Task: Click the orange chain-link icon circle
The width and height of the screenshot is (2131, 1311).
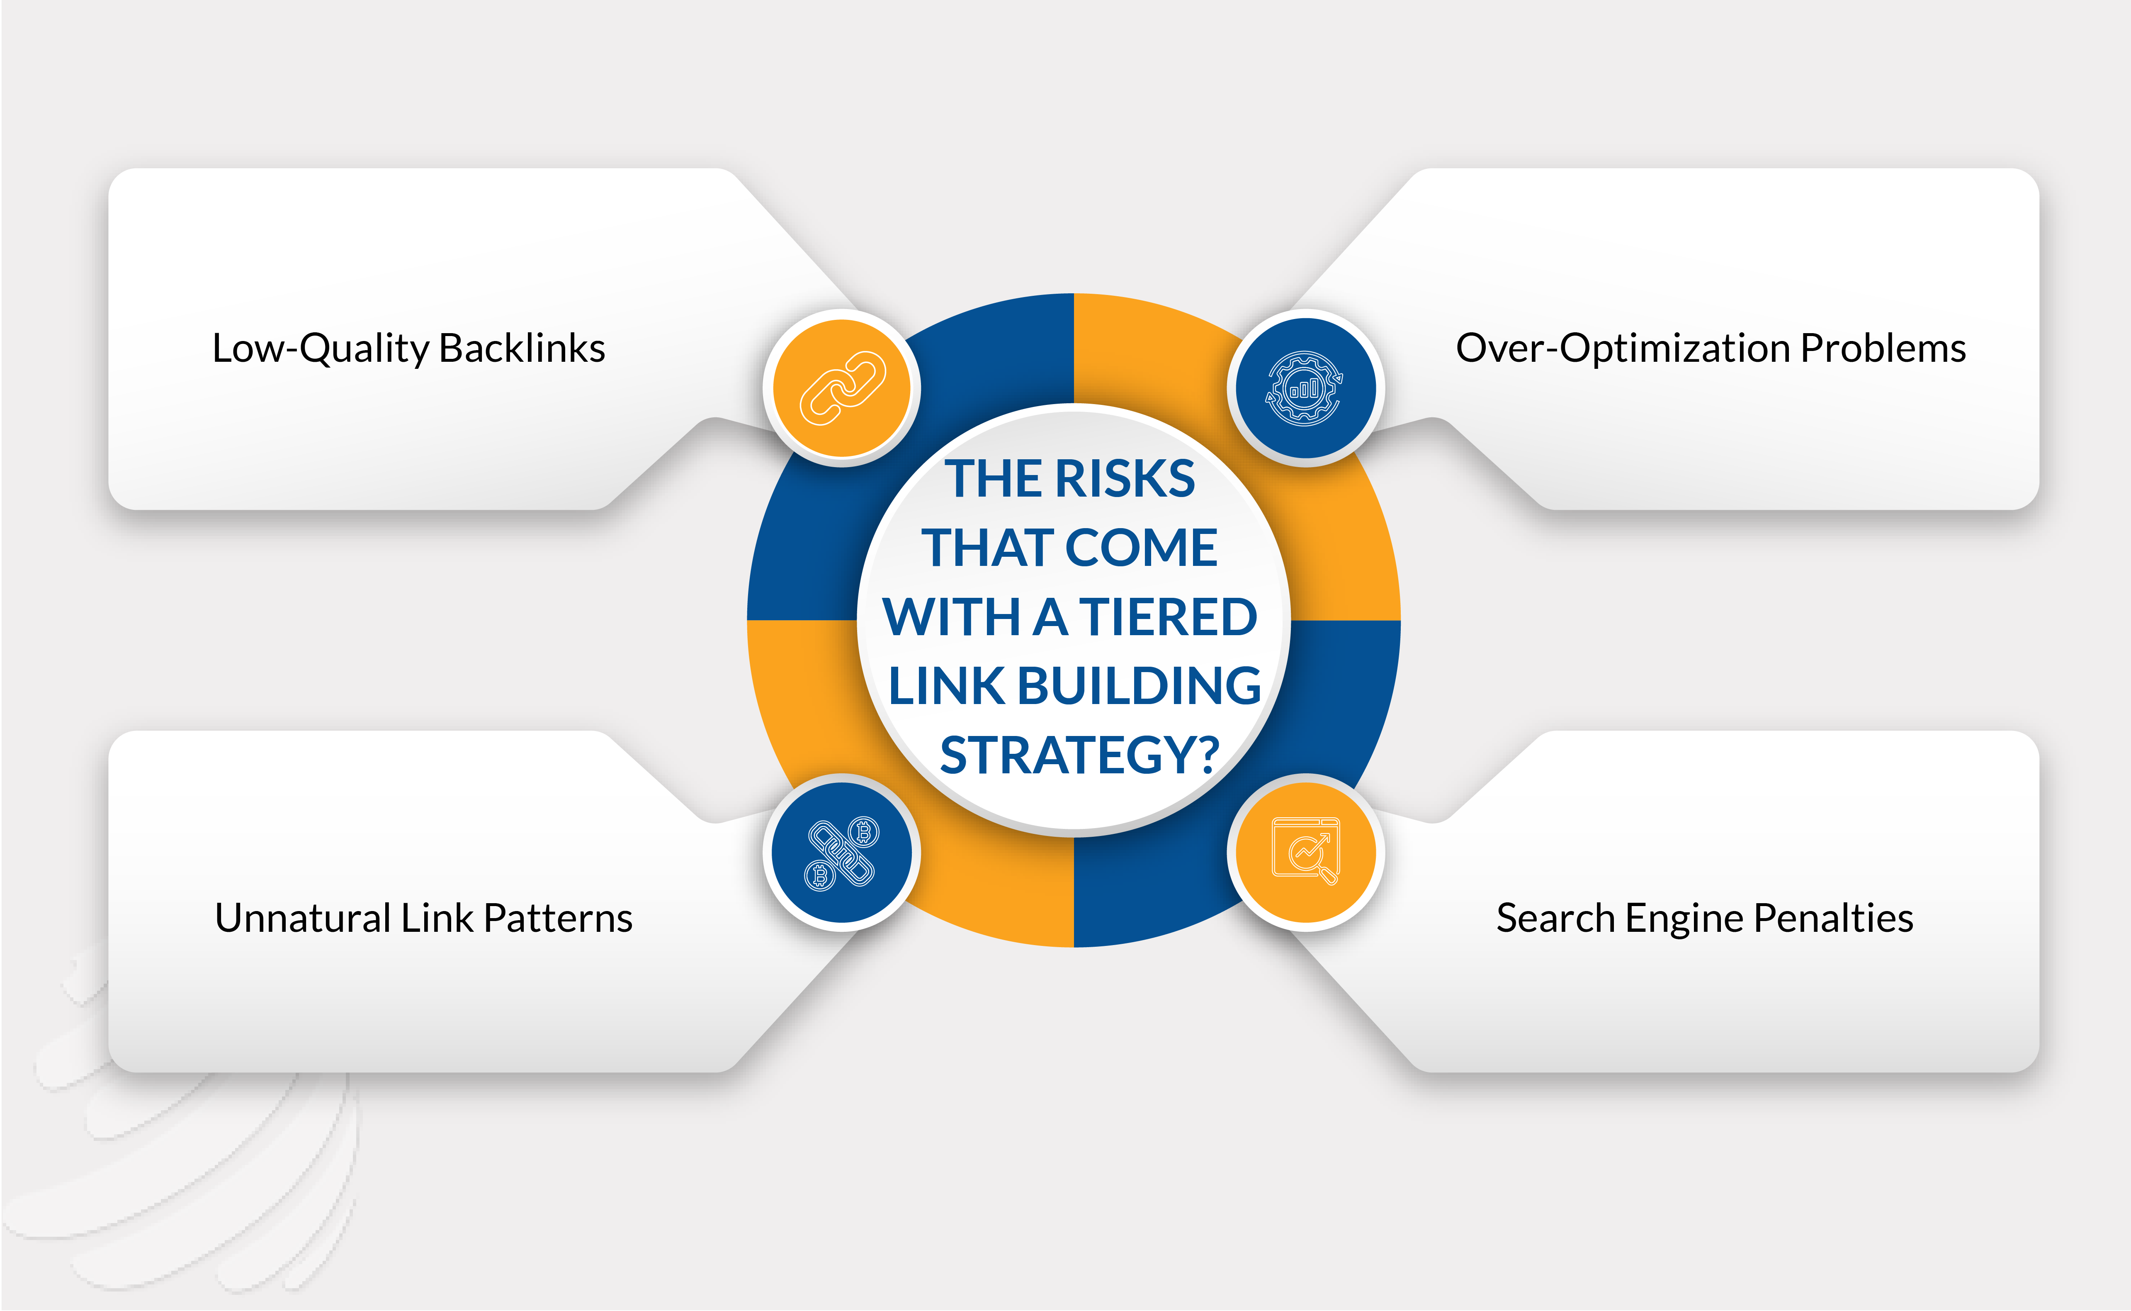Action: tap(841, 387)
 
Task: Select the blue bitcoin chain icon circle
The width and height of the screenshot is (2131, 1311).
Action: tap(841, 852)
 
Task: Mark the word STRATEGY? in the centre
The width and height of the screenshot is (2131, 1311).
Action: tap(1080, 755)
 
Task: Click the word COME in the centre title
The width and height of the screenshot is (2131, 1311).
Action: tap(1141, 548)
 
